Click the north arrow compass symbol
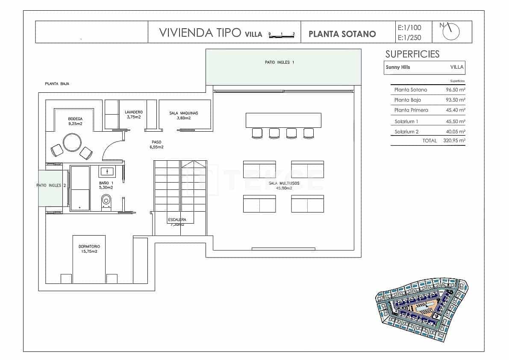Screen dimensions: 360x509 (x=452, y=31)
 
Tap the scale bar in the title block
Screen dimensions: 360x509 (x=282, y=35)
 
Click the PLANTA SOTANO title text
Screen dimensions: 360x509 (x=342, y=34)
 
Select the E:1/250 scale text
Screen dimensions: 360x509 (x=409, y=38)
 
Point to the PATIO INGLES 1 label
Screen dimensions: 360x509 (x=280, y=62)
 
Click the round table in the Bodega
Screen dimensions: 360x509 (x=72, y=142)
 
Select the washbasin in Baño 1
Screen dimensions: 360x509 (x=107, y=172)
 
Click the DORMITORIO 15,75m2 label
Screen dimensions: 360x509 (x=89, y=249)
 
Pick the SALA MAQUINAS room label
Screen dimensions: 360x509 (x=184, y=115)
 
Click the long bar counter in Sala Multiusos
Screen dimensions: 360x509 (x=283, y=120)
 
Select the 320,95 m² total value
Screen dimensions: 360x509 (x=454, y=140)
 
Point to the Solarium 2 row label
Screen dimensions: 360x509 (x=406, y=132)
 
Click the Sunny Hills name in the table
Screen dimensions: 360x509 (x=398, y=67)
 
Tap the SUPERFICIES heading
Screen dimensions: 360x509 (x=412, y=54)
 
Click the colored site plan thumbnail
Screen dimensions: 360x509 (x=421, y=310)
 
